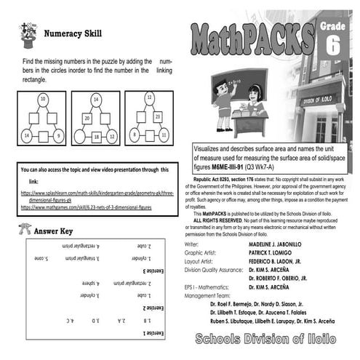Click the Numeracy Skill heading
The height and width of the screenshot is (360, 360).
coord(73,33)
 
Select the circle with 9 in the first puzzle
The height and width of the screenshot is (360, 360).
coord(59,135)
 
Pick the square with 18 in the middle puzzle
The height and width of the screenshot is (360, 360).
coord(96,135)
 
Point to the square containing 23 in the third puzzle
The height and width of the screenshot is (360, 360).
coord(158,116)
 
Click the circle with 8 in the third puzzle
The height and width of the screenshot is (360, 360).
coord(135,135)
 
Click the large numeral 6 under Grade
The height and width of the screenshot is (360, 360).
coord(333,46)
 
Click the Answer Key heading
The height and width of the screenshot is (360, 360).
coord(53,231)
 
